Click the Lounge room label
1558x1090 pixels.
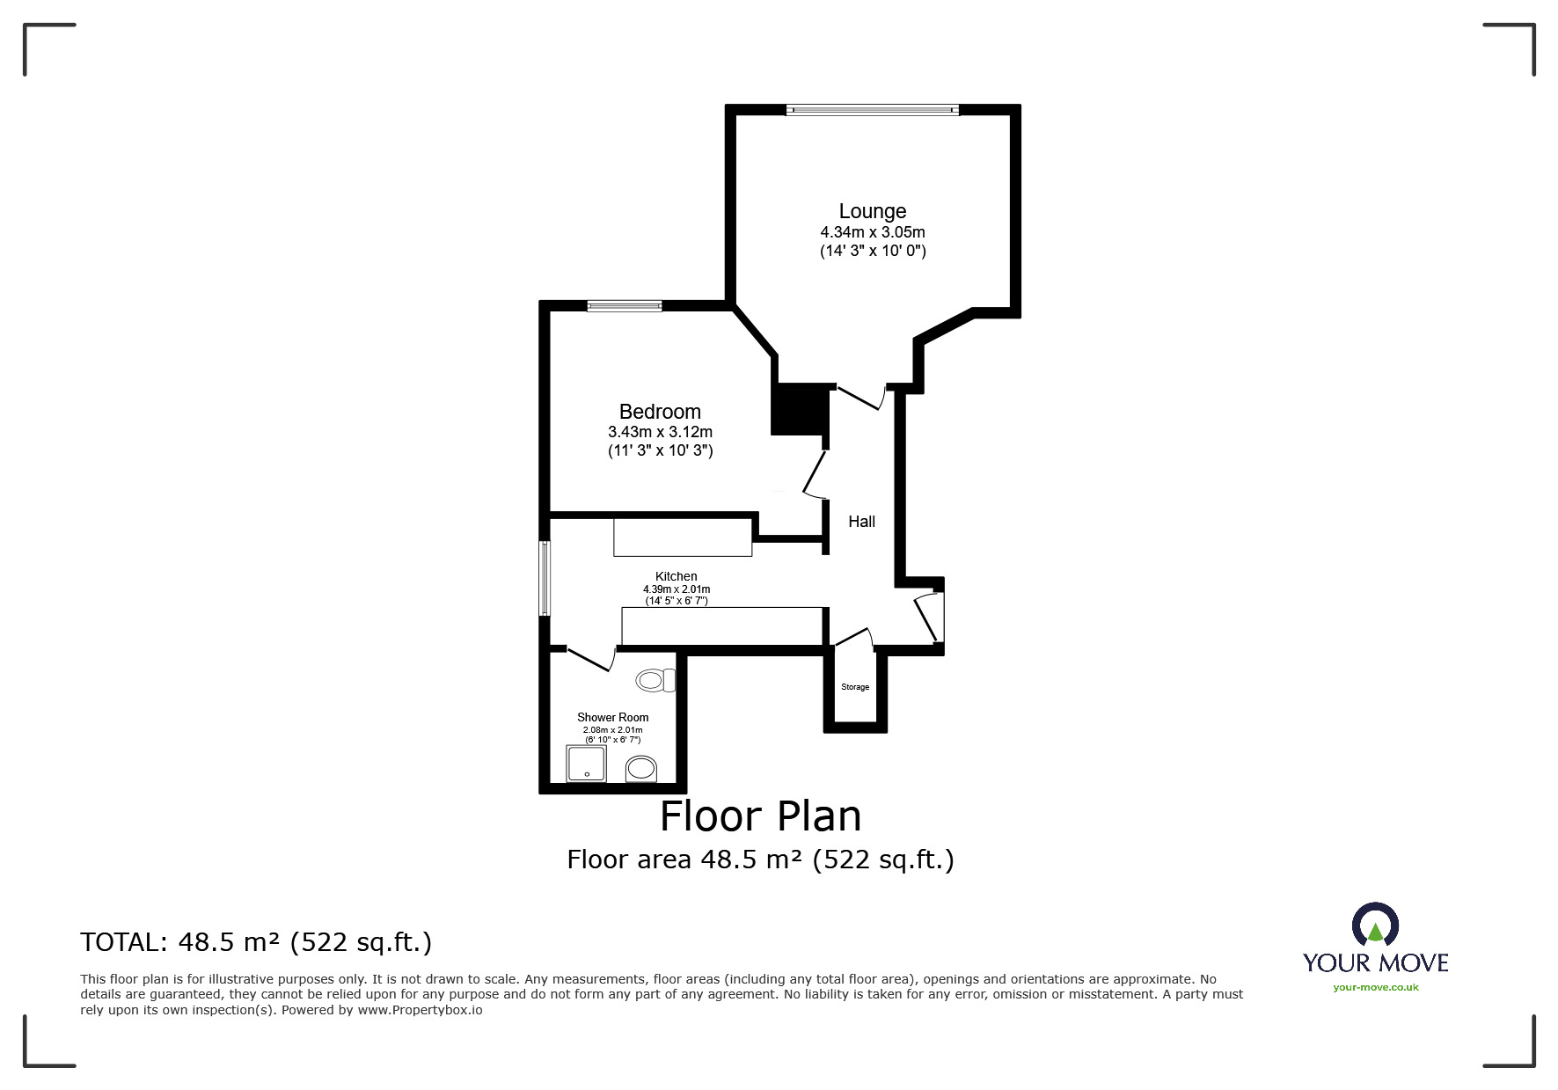[x=872, y=211]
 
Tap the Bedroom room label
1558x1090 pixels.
[x=660, y=412]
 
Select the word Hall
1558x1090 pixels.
[x=861, y=522]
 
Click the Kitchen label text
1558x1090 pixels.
[x=676, y=576]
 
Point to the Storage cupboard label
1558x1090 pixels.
[x=855, y=687]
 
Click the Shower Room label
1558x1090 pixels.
[x=612, y=717]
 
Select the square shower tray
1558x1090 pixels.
[x=586, y=764]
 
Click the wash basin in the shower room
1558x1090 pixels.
[x=641, y=769]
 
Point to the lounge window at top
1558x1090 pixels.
[x=872, y=110]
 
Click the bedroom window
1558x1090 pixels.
[x=625, y=306]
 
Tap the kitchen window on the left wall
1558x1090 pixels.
[x=545, y=578]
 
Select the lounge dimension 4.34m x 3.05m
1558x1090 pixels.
[x=872, y=232]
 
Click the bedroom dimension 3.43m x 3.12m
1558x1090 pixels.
[x=660, y=432]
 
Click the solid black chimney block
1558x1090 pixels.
[x=800, y=409]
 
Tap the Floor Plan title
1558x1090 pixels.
[x=760, y=816]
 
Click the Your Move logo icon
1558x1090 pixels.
[x=1375, y=925]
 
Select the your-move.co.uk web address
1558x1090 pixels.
[x=1375, y=987]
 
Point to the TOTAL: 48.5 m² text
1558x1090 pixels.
[x=256, y=942]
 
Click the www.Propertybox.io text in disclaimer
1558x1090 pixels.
[x=420, y=1010]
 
